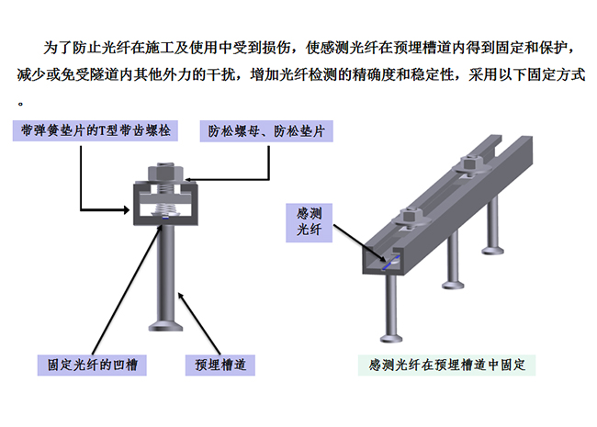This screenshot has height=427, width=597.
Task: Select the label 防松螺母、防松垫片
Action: pos(265,130)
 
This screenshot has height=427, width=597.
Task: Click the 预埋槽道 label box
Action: pos(220,365)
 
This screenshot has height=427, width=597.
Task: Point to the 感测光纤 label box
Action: pos(308,222)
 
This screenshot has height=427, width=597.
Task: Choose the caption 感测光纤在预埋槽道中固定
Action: pos(445,365)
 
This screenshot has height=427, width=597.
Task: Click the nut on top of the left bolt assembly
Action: pos(163,171)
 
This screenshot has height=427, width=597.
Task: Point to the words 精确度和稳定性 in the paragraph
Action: pos(398,73)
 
